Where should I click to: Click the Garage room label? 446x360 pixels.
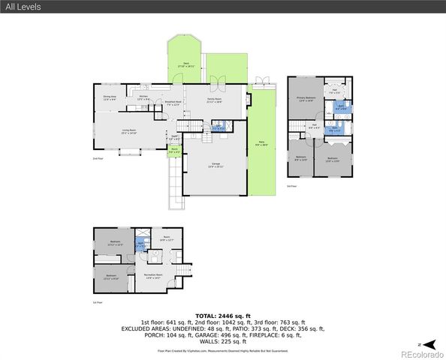click(215, 165)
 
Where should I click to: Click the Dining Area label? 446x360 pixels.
click(109, 97)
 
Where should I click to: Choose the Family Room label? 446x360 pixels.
click(214, 101)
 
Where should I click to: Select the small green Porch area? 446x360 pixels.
click(174, 150)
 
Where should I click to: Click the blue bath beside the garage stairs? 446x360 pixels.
click(218, 128)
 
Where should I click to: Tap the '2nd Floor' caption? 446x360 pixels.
click(97, 159)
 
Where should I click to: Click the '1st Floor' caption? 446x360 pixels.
click(97, 302)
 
